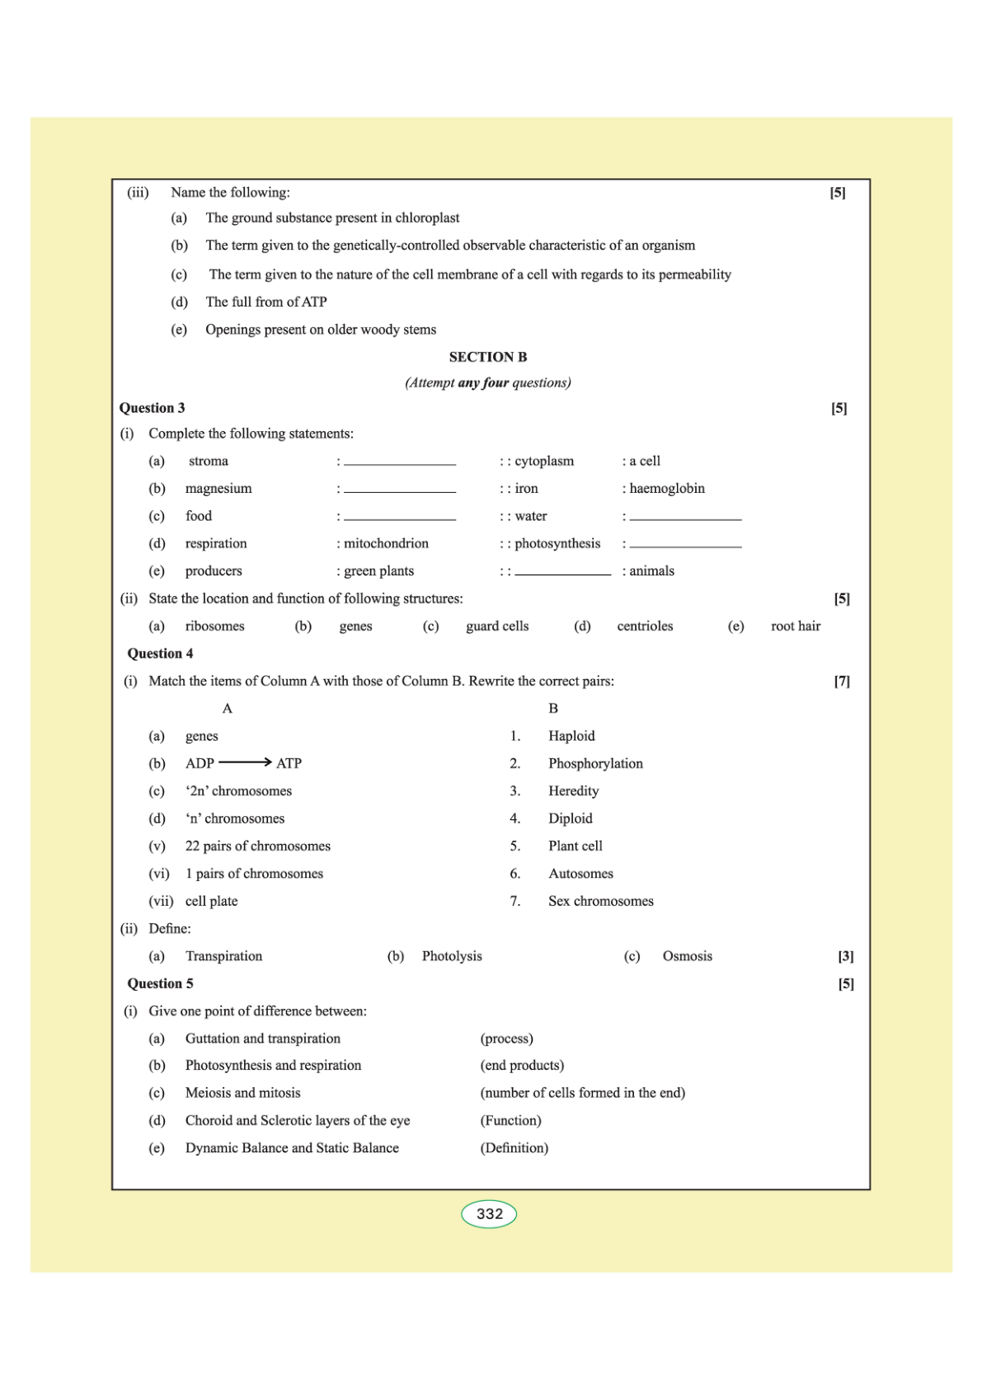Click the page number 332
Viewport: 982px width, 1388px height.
[x=489, y=1214]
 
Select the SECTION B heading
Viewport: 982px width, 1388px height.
[x=487, y=357]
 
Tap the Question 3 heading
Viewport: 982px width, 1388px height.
[x=152, y=408]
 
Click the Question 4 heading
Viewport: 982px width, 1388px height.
[x=160, y=654]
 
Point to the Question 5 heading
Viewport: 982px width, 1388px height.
[x=160, y=983]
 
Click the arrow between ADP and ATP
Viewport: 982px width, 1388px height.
[x=245, y=762]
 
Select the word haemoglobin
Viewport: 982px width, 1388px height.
[x=667, y=488]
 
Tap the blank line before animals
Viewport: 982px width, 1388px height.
[x=563, y=573]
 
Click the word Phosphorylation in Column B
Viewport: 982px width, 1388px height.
[x=595, y=763]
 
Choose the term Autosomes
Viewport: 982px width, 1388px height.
[x=580, y=874]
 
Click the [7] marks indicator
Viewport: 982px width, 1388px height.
[x=842, y=681]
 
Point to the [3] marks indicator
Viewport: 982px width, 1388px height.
[x=846, y=956]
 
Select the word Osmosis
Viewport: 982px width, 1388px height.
[x=687, y=956]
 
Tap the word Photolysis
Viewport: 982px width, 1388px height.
[x=452, y=956]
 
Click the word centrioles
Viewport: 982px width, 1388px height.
[x=645, y=626]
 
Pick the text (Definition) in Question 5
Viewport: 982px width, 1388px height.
[x=514, y=1148]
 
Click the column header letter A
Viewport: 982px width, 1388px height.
[x=228, y=709]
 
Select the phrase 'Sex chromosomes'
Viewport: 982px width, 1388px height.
[x=600, y=901]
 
